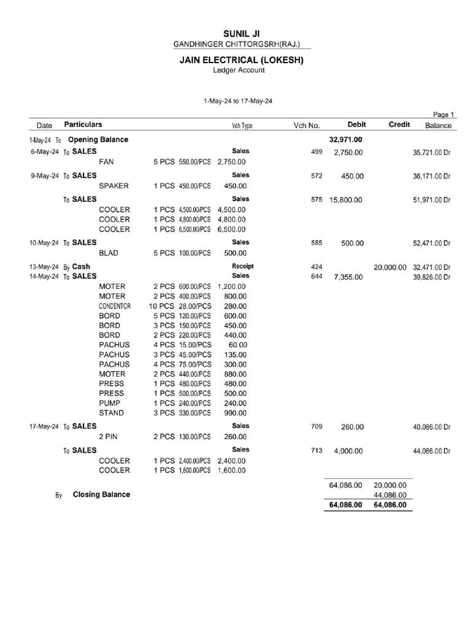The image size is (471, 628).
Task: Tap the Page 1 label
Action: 443,114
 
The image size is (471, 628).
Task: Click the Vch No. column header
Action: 307,126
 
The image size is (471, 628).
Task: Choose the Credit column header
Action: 399,124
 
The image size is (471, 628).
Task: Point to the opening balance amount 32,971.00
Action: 345,140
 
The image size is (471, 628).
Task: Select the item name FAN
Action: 107,162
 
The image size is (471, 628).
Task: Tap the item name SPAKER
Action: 114,186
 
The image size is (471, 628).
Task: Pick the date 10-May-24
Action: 44,243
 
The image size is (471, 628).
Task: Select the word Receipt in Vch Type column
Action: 242,267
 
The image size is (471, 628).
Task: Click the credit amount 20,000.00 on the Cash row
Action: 389,267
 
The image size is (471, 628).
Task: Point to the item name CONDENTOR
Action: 115,306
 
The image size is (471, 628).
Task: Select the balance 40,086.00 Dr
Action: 432,427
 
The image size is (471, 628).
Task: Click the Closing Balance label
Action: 101,494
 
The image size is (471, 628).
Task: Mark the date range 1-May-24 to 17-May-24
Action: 238,101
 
